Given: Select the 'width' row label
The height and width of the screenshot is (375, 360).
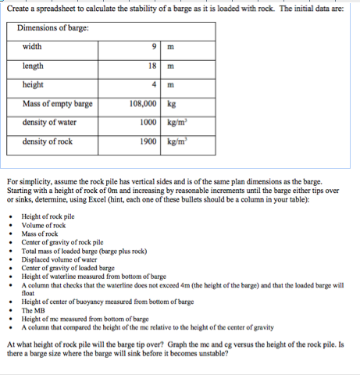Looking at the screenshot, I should coord(33,47).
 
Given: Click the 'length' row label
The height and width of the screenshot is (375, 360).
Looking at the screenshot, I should coord(34,66).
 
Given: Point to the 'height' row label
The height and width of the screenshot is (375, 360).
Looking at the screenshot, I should coord(34,84).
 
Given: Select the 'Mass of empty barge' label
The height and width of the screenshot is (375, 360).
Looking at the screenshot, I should coord(58,104).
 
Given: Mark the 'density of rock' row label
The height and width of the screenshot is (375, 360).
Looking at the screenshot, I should coord(48,141).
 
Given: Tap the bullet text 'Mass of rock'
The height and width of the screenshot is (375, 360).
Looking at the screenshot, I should coord(39,233).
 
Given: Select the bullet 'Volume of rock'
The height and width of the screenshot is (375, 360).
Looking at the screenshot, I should coord(43,224).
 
